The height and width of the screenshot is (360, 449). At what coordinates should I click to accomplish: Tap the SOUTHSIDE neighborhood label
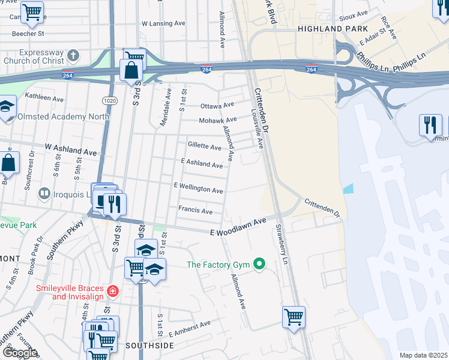(x=149, y=346)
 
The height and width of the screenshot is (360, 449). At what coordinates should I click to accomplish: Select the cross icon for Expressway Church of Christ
(x=73, y=56)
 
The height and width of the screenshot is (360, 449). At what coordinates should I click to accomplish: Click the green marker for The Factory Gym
(x=259, y=264)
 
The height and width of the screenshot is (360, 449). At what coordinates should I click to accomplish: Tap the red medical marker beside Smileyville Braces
(x=112, y=292)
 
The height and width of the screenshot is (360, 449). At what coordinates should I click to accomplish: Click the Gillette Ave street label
(x=205, y=146)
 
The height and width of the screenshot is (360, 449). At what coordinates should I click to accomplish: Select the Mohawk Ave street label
(x=218, y=119)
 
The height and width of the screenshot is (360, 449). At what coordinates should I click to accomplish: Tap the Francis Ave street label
(x=195, y=211)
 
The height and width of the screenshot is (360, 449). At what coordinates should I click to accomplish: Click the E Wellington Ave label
(x=199, y=188)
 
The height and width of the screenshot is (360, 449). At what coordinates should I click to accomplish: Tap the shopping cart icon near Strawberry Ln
(x=294, y=316)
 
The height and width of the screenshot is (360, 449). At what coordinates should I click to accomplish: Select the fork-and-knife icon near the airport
(x=430, y=124)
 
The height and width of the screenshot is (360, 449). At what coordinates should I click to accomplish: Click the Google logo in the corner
(x=20, y=352)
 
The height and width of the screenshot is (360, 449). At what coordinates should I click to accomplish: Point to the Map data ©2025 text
(x=423, y=355)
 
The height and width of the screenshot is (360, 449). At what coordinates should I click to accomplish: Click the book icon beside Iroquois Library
(x=44, y=193)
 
